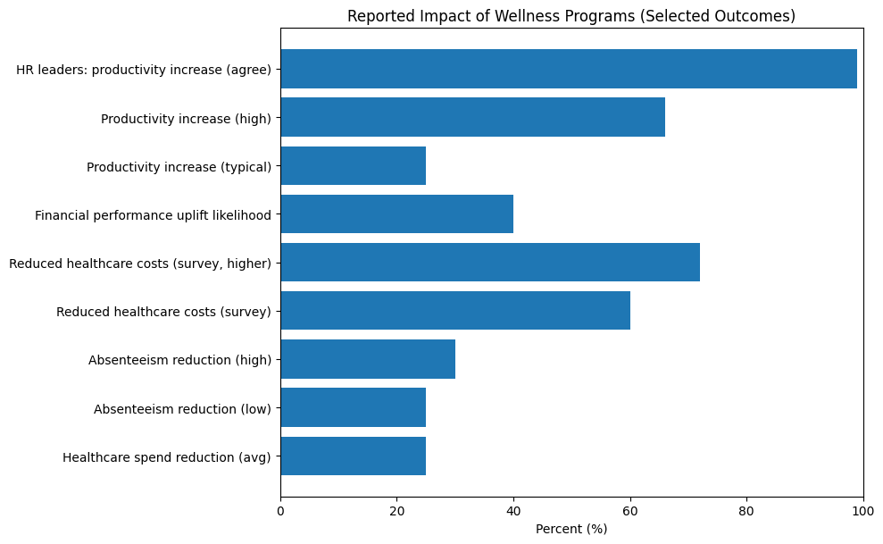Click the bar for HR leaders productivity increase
tap(569, 69)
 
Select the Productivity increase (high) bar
tap(472, 117)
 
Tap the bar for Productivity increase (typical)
tap(353, 165)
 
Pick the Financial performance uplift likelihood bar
tap(396, 214)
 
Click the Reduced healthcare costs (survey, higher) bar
tap(490, 263)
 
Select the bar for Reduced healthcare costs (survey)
tap(455, 311)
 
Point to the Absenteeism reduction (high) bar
tap(368, 359)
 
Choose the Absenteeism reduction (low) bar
tap(353, 407)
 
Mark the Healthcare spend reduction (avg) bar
tap(353, 456)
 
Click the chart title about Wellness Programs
tap(571, 16)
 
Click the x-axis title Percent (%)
tap(571, 529)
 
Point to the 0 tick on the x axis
tap(280, 510)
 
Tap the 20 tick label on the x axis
tap(396, 510)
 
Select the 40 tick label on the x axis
tap(513, 510)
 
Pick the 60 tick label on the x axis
tap(630, 510)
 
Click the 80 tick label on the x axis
tap(746, 510)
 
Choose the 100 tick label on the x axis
tap(862, 510)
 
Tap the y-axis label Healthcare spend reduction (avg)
tap(167, 457)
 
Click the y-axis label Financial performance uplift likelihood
tap(153, 215)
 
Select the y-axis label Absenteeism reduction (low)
tap(182, 409)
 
